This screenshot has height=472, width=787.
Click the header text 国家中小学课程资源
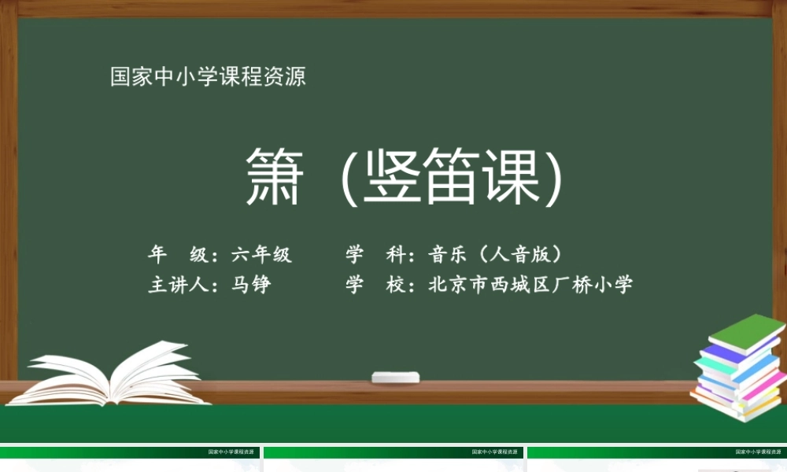click(x=208, y=77)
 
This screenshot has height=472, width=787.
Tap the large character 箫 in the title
click(x=273, y=176)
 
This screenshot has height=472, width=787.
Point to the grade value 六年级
click(x=261, y=254)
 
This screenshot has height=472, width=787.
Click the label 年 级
click(x=178, y=254)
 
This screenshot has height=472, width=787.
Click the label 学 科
click(x=375, y=254)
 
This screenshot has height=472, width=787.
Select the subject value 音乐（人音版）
click(x=498, y=254)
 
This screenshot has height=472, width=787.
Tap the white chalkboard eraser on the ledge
click(x=397, y=377)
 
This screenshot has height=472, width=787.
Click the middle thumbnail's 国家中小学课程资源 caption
click(x=493, y=452)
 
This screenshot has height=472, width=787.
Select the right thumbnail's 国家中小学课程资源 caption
click(x=757, y=452)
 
